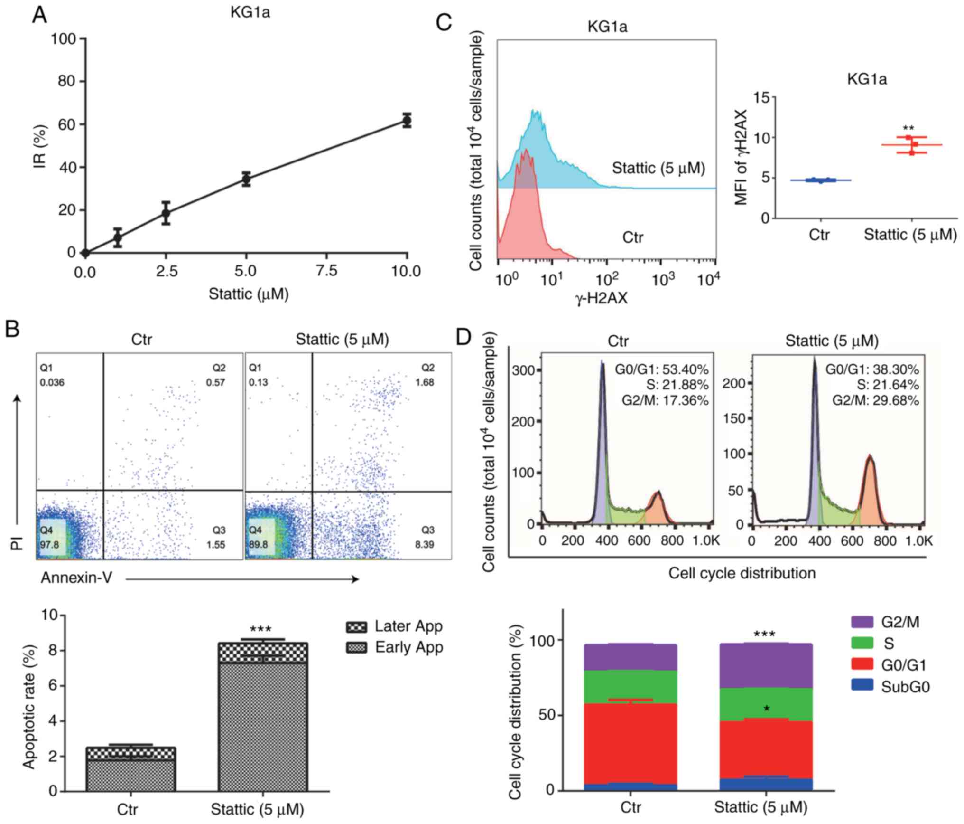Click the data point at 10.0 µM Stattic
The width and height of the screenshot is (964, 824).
point(407,121)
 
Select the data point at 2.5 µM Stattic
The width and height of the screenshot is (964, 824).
point(166,213)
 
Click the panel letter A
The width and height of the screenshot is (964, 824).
point(39,15)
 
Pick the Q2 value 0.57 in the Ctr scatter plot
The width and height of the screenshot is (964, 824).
point(215,382)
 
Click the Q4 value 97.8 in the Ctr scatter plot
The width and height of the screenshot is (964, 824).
point(49,544)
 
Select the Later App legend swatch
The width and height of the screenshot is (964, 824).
point(356,626)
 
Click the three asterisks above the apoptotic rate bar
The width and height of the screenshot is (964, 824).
point(260,630)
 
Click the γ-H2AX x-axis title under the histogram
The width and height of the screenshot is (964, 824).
point(602,298)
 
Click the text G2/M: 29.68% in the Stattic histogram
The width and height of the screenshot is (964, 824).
point(875,400)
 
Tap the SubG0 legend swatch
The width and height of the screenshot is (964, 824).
point(862,686)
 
